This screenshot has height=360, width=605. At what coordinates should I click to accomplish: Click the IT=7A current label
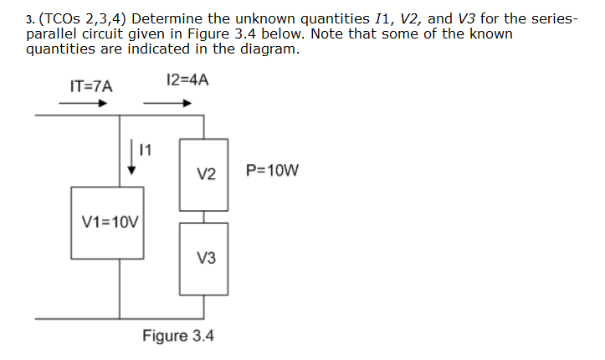[x=90, y=85]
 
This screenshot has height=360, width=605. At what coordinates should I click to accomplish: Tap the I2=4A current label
[x=187, y=80]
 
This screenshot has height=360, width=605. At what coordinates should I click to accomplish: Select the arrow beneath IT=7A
[x=83, y=105]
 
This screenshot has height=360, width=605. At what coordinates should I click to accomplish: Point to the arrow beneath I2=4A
[x=167, y=105]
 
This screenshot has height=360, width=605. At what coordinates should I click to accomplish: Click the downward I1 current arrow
[x=131, y=157]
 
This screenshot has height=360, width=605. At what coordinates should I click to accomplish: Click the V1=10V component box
[x=107, y=223]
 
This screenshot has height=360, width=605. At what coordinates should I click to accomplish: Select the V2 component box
[x=204, y=174]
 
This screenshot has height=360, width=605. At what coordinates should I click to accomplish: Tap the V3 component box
[x=204, y=259]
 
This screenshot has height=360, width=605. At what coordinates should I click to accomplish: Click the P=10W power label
[x=272, y=172]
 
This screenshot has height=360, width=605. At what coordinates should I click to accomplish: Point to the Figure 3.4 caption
[x=177, y=336]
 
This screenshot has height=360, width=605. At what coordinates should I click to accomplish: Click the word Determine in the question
[x=170, y=18]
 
